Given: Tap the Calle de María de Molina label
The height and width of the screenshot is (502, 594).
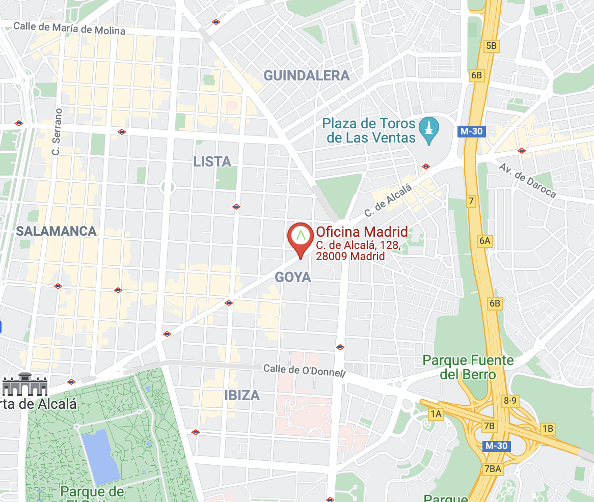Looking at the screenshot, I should tap(69, 28).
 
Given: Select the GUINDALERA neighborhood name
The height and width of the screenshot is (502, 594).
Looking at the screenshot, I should tap(306, 76).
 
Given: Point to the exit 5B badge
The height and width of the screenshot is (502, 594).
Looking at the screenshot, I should tap(491, 46).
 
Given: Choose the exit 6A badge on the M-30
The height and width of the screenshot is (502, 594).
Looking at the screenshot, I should tap(484, 241).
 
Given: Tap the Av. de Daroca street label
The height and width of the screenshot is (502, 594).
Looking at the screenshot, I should tap(527, 181).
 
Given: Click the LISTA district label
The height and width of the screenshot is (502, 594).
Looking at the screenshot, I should tap(212, 162).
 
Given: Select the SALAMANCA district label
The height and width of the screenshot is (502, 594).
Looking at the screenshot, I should tap(56, 231).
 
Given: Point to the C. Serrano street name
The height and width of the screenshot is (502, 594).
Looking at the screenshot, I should tap(57, 131).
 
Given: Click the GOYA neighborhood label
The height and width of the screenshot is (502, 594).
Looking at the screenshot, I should tap(292, 277).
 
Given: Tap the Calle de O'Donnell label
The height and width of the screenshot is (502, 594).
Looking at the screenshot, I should tap(304, 370).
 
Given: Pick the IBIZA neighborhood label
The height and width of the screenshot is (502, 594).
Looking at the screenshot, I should tap(241, 395).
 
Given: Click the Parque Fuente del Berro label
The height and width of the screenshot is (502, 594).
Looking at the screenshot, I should tap(468, 368).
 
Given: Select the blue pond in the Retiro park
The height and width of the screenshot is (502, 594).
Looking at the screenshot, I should tap(100, 456).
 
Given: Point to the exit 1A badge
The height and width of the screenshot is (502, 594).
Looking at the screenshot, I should tap(436, 414).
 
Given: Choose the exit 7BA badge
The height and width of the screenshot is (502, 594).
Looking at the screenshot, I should tap(493, 468).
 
